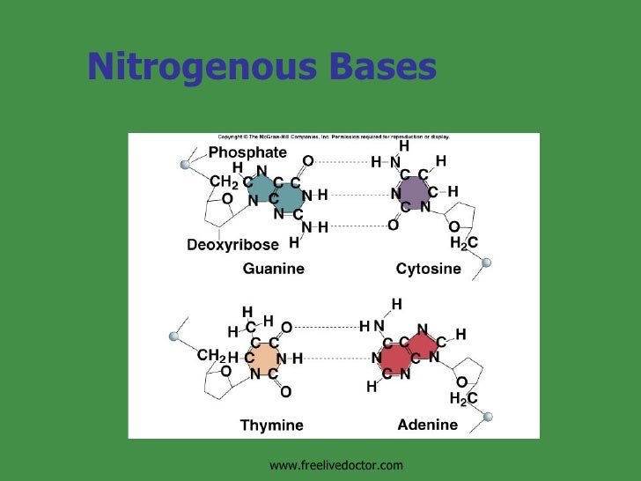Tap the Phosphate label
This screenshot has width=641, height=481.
click(x=247, y=152)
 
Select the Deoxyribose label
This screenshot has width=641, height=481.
click(x=232, y=243)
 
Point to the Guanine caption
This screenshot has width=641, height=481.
click(x=273, y=269)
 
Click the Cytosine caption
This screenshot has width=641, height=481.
click(x=428, y=269)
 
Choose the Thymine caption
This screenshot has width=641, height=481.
click(x=271, y=425)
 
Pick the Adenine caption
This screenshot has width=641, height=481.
click(x=427, y=425)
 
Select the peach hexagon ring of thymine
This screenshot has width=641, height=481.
click(x=264, y=358)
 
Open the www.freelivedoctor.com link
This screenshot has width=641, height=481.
click(x=335, y=464)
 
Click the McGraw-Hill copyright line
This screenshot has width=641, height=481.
click(x=334, y=137)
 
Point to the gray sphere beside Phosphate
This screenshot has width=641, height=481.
click(x=185, y=164)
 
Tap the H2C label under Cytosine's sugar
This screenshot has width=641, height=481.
click(x=463, y=242)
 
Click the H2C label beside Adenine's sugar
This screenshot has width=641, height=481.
click(x=463, y=398)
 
